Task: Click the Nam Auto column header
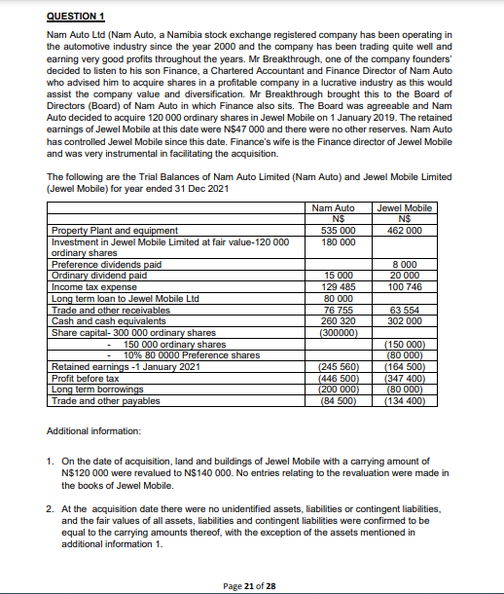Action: (x=334, y=207)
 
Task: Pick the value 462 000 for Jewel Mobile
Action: (x=404, y=230)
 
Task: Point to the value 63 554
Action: (x=404, y=312)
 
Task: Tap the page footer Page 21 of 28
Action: (x=251, y=584)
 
